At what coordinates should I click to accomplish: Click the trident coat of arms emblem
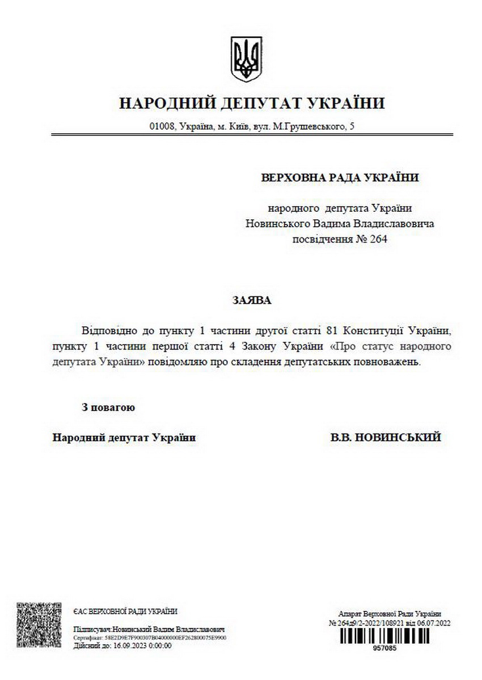pyautogui.click(x=246, y=59)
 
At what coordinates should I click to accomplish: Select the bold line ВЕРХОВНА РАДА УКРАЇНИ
pyautogui.click(x=340, y=177)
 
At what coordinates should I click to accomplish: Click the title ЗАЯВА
pyautogui.click(x=251, y=300)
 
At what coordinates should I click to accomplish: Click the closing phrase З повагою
pyautogui.click(x=108, y=407)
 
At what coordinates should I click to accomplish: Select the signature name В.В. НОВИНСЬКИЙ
pyautogui.click(x=386, y=437)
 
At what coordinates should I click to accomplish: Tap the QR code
pyautogui.click(x=39, y=626)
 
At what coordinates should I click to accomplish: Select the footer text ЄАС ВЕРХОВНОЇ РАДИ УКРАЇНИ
pyautogui.click(x=125, y=611)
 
